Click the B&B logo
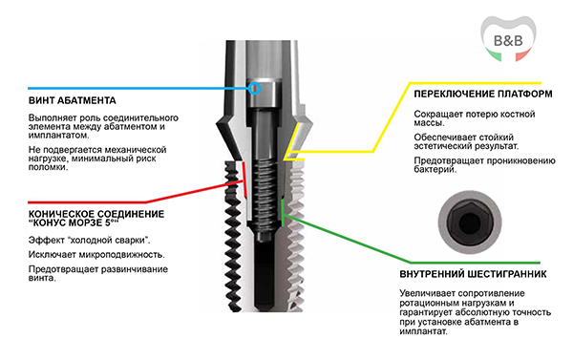click(508, 38)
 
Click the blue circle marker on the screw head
click(254, 88)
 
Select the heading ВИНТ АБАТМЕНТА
click(73, 100)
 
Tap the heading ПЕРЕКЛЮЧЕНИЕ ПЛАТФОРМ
click(483, 94)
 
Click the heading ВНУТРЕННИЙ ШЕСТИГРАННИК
click(474, 274)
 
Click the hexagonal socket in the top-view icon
click(470, 222)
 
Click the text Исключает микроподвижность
click(96, 254)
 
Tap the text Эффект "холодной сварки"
click(90, 240)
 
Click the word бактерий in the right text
click(435, 169)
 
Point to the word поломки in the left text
click(48, 167)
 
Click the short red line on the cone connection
click(244, 180)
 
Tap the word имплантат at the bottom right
click(423, 332)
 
